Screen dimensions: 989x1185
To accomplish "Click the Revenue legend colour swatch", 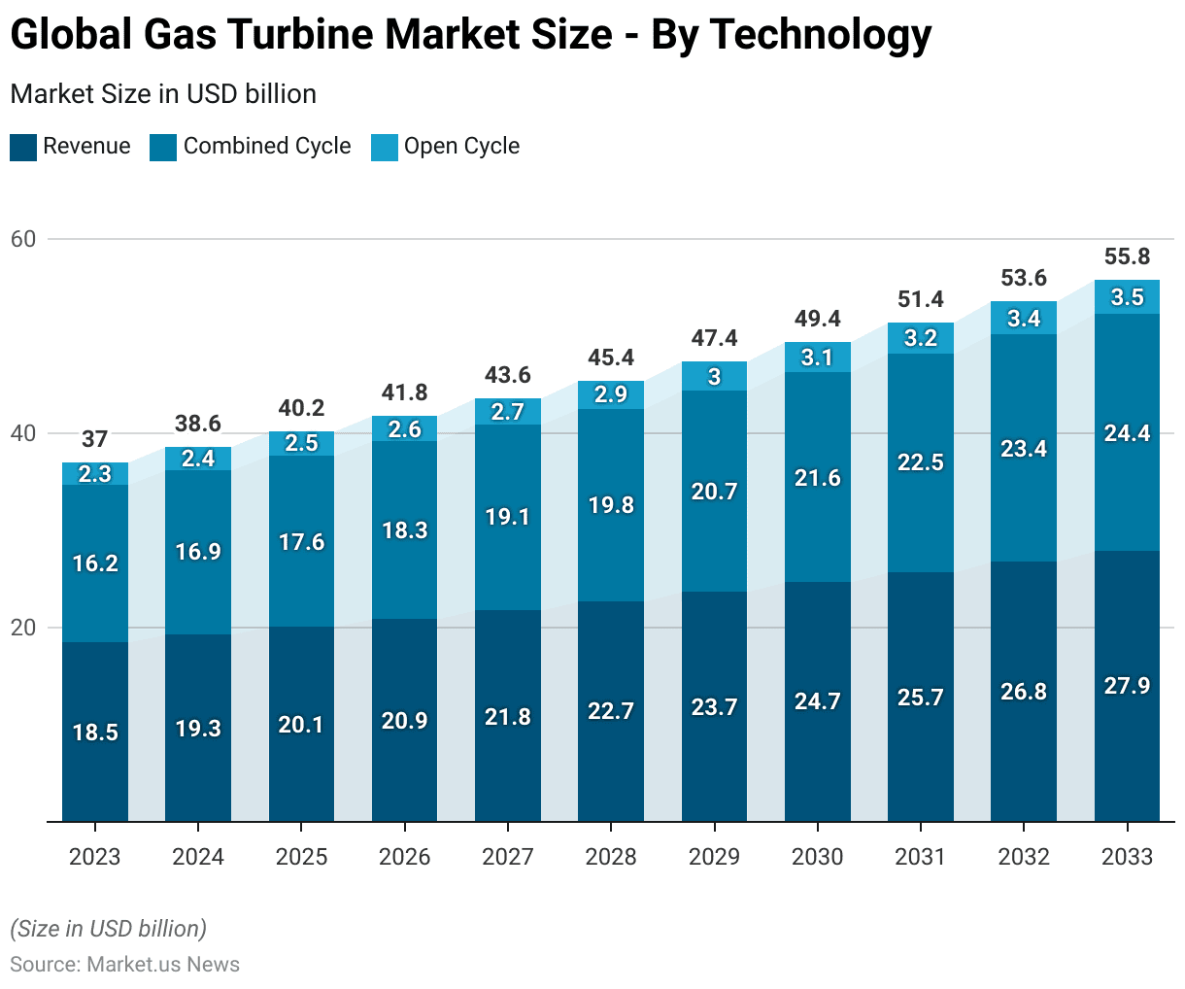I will (22, 147).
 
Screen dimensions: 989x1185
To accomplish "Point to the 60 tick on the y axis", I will (23, 239).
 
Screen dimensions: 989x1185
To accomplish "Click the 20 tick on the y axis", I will (23, 628).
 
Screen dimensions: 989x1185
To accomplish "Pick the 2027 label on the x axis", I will (508, 856).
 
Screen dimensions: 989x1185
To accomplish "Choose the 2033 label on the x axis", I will (1127, 856).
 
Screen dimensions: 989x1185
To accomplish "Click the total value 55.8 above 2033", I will (1127, 256).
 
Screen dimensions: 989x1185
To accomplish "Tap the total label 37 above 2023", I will (95, 439).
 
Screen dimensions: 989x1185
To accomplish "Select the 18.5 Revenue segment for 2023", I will (95, 732).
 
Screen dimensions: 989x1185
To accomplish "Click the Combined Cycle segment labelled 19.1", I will (508, 517).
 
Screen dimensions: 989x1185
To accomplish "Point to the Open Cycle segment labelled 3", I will (714, 377).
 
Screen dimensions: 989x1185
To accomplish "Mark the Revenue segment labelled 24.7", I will (817, 701).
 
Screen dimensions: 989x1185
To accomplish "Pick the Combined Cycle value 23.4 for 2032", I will (1024, 448).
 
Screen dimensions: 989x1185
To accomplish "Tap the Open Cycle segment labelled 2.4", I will (198, 459).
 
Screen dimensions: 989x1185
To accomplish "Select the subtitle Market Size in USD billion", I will (163, 94).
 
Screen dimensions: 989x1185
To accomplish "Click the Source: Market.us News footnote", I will (124, 964).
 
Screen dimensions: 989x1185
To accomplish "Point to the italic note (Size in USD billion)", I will (108, 929).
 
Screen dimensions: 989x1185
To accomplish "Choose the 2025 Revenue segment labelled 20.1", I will (301, 725).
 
